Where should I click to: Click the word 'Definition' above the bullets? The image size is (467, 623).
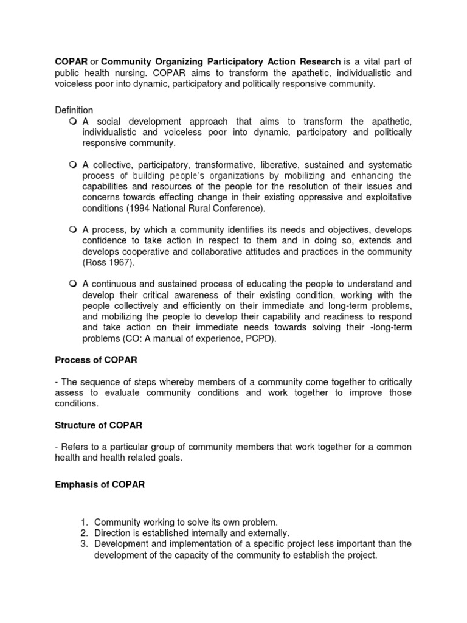[x=74, y=110]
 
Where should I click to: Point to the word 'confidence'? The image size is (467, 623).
[x=105, y=240]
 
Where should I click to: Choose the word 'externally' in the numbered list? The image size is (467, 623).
[x=258, y=533]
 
